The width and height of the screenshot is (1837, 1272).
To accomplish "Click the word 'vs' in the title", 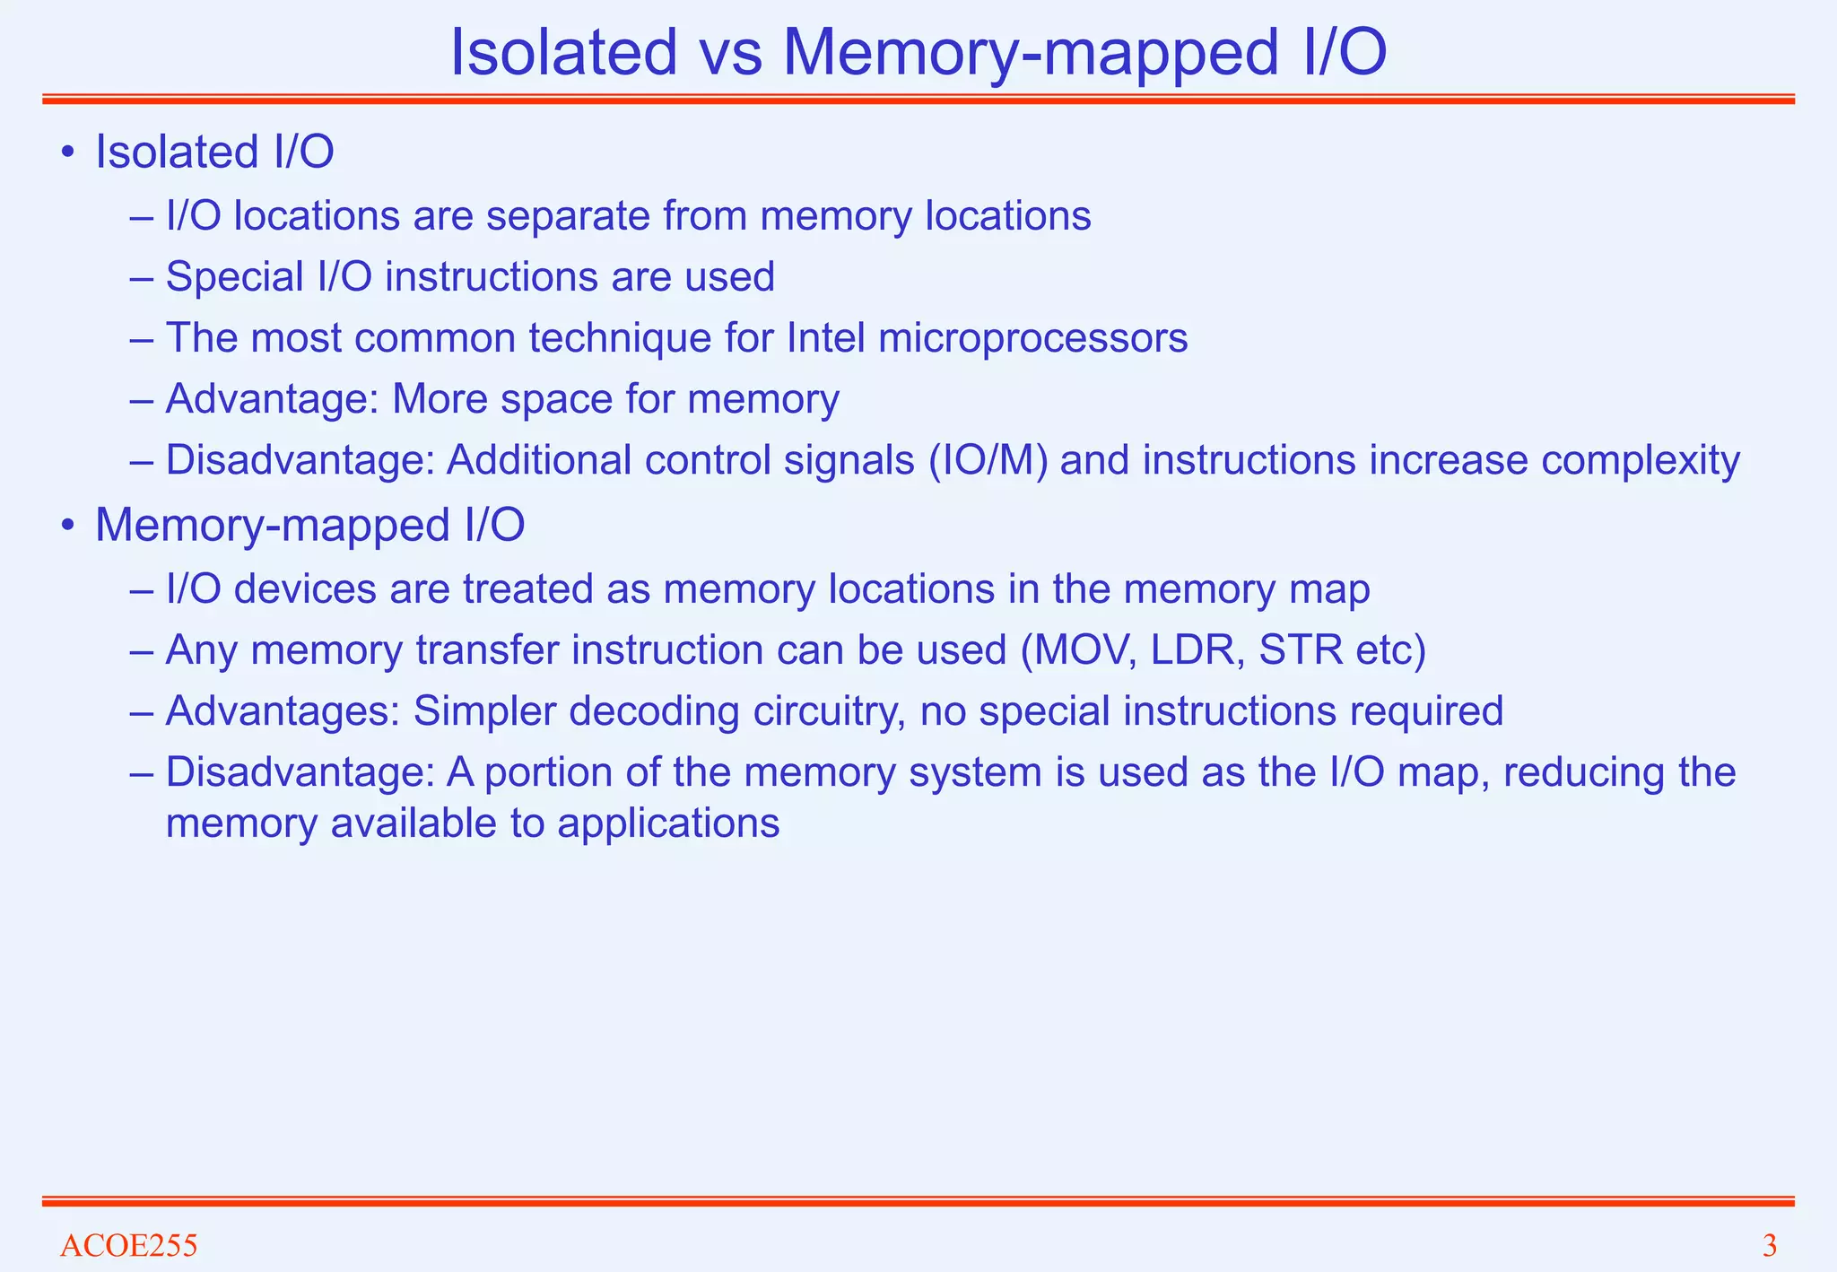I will pos(728,54).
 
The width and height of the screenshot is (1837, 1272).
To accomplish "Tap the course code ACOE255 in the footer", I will pos(128,1246).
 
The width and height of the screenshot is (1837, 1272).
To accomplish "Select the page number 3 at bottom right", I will pos(1769,1246).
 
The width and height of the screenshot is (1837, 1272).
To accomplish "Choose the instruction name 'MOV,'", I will pos(1079,650).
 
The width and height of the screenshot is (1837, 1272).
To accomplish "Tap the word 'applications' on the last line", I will pos(668,823).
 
